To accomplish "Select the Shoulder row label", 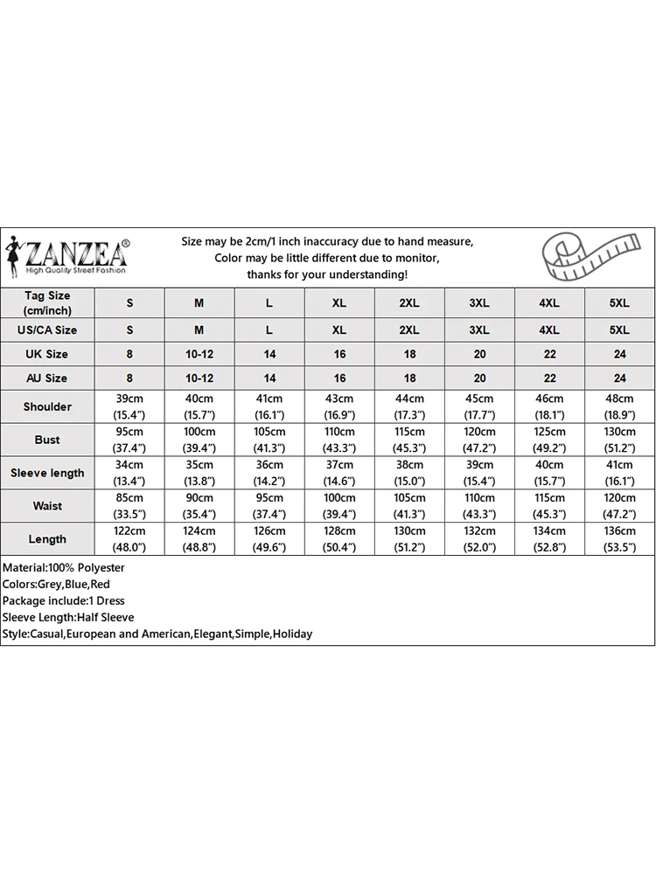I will click(x=47, y=406).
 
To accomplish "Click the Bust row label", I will click(x=47, y=440).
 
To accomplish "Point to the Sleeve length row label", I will click(x=47, y=473).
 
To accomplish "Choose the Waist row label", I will click(x=47, y=506).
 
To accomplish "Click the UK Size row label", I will click(x=47, y=354).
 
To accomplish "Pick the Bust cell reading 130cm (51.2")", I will click(x=619, y=440).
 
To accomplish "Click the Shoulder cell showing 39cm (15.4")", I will click(x=130, y=406).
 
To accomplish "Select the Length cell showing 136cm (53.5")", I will click(x=619, y=538).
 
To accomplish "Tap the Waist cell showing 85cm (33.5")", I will click(x=130, y=506).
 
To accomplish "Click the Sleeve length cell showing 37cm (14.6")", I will click(x=339, y=473).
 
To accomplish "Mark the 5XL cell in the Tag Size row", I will click(x=619, y=303).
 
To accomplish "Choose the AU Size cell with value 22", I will click(x=549, y=378).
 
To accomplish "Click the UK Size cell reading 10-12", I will click(x=199, y=354).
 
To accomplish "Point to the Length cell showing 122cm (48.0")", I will click(x=130, y=538).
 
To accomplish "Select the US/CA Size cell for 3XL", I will click(x=479, y=329).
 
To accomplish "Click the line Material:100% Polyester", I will click(x=64, y=568).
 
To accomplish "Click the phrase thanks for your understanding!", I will click(x=327, y=274).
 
